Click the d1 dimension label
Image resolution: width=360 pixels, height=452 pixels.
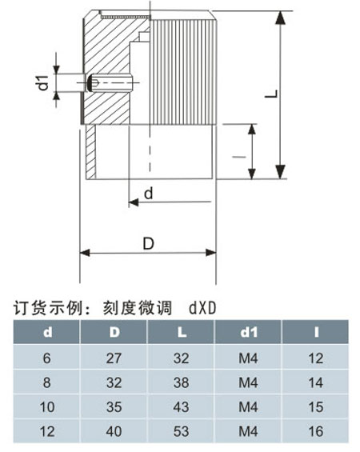point(43,82)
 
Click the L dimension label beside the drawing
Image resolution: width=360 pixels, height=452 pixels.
point(271,94)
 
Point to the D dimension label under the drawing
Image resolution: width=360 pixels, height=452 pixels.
point(149,243)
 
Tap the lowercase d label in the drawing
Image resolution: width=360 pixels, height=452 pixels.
point(149,194)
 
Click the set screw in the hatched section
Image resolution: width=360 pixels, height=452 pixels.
point(110,82)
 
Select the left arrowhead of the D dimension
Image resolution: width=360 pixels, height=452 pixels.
point(85,253)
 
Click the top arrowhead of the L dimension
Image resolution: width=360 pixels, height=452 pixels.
point(280,18)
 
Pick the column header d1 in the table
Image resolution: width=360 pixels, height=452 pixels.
point(249,332)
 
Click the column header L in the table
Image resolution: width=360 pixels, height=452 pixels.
point(182,332)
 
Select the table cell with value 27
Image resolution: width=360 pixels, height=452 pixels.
point(114,358)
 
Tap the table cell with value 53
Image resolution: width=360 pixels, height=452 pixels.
point(182,431)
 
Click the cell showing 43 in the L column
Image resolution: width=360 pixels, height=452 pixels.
point(182,406)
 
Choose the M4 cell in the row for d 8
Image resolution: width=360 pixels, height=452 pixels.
point(248,382)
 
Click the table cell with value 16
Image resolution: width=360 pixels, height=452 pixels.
point(316,431)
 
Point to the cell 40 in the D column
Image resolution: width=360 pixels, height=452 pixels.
point(114,431)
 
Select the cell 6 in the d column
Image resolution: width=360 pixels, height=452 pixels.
point(46,358)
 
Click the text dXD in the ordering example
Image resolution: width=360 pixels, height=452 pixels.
point(202,308)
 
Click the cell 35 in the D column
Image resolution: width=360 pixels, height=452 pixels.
point(114,406)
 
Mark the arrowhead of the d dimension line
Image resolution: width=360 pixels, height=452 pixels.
point(134,202)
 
